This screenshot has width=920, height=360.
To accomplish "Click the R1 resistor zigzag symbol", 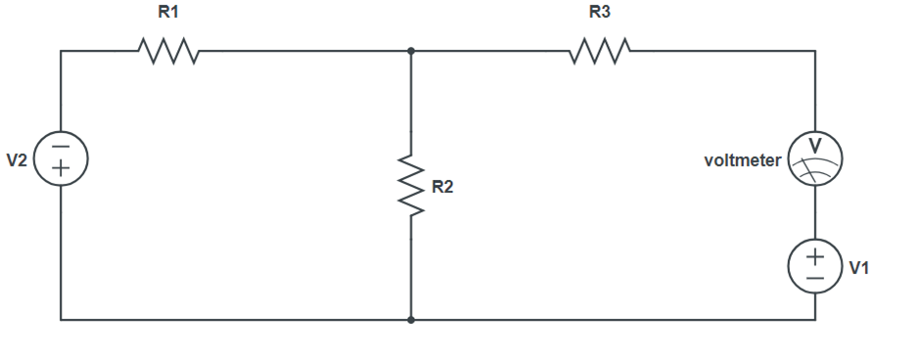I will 169,50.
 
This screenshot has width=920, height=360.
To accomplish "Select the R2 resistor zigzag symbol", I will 411,185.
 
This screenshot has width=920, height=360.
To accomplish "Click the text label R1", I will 168,13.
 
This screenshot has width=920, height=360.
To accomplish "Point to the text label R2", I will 442,187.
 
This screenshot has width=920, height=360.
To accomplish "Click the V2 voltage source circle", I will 61,157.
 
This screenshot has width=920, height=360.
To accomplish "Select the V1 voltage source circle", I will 815,266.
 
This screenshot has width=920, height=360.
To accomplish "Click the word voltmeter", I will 743,160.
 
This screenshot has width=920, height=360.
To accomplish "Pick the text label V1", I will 859,267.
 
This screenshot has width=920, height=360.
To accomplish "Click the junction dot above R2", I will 411,50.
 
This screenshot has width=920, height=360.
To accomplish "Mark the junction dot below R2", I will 411,319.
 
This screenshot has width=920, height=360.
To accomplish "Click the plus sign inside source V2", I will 61,168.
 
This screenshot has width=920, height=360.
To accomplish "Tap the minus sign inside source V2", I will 61,148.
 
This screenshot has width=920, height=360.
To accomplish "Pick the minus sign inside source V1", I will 815,277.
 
